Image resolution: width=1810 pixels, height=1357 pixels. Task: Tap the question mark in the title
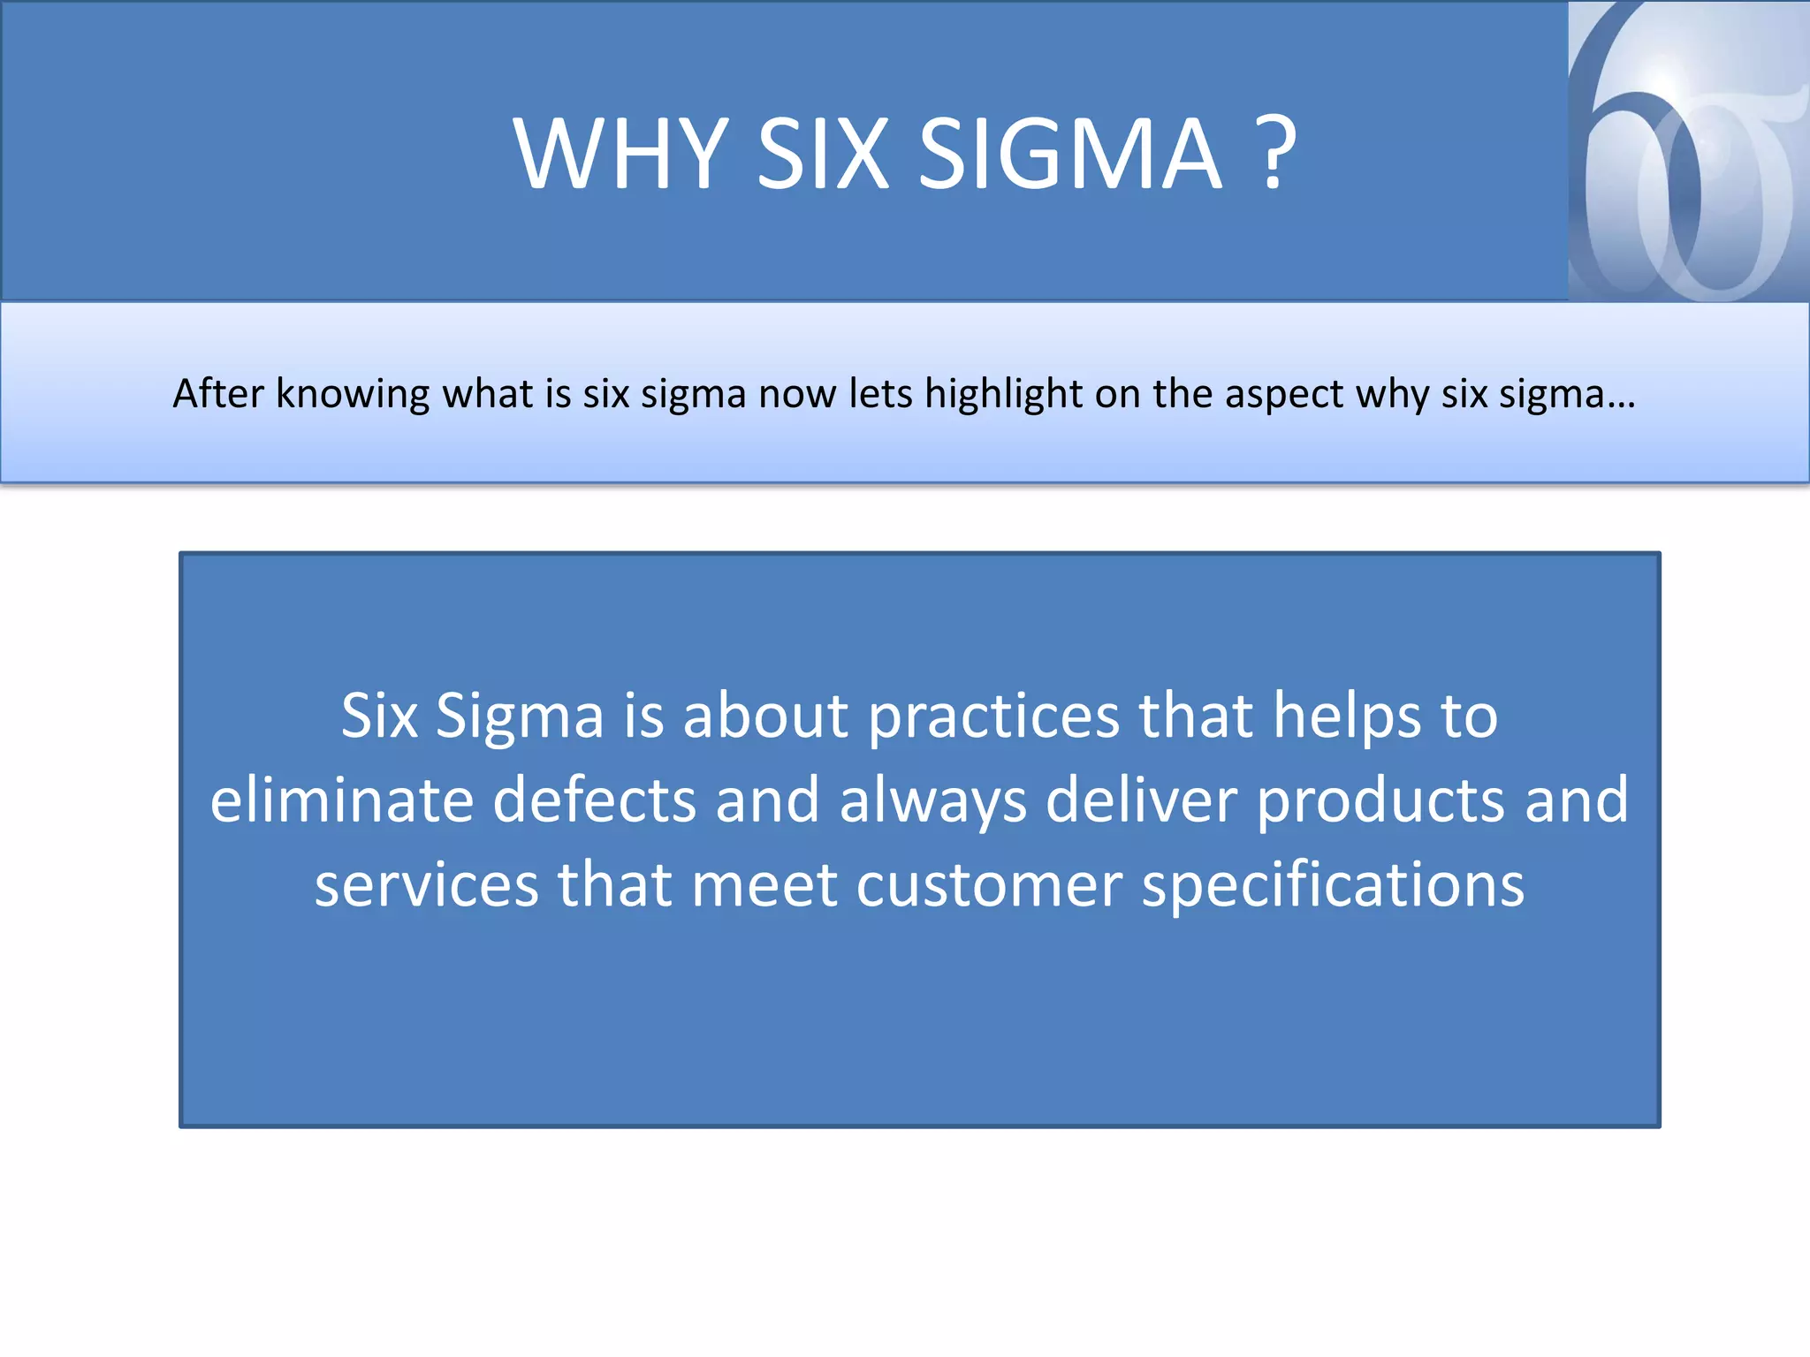point(1274,155)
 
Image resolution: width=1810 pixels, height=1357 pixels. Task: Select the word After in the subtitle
point(217,394)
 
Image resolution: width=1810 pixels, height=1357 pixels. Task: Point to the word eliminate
point(342,800)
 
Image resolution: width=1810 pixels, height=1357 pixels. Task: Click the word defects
point(594,800)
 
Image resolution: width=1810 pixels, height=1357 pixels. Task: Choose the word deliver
point(1142,800)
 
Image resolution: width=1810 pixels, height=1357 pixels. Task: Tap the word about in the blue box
point(765,716)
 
